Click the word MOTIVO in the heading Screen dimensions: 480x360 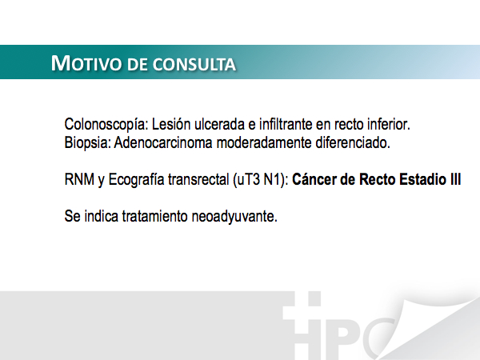(86, 63)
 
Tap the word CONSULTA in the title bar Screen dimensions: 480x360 (194, 64)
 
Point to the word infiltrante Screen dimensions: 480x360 (286, 124)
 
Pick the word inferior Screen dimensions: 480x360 (389, 124)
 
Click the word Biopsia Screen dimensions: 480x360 (87, 143)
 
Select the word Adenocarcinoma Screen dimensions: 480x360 (163, 142)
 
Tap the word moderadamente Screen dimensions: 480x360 (264, 142)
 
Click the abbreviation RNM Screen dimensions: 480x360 (79, 179)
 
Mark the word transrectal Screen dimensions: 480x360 (198, 179)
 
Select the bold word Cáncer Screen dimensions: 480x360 (314, 179)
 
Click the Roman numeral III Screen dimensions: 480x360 (455, 179)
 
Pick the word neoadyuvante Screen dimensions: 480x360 (234, 217)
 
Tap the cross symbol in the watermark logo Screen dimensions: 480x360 (302, 312)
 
